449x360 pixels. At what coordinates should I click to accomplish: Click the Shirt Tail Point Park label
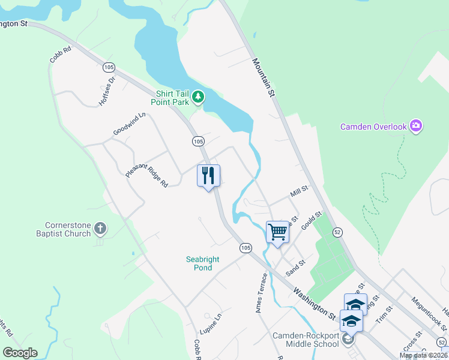point(172,98)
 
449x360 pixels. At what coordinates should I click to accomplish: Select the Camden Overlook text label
point(373,127)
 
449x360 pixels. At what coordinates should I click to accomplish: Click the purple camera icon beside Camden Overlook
point(416,126)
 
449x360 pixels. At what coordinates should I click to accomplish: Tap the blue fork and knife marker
point(208,176)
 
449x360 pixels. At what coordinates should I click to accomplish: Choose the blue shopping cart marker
point(277,231)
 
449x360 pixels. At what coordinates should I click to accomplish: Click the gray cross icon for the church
point(100,228)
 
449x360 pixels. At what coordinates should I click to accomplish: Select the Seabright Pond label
point(203,263)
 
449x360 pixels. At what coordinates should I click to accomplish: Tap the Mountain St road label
point(264,77)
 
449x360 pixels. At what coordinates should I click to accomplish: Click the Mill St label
point(298,192)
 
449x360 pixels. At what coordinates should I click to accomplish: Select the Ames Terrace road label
point(260,293)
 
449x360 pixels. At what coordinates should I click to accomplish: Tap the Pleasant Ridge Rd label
point(146,172)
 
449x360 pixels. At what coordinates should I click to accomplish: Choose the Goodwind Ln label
point(129,124)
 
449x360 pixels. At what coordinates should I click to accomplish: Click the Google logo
point(20,352)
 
